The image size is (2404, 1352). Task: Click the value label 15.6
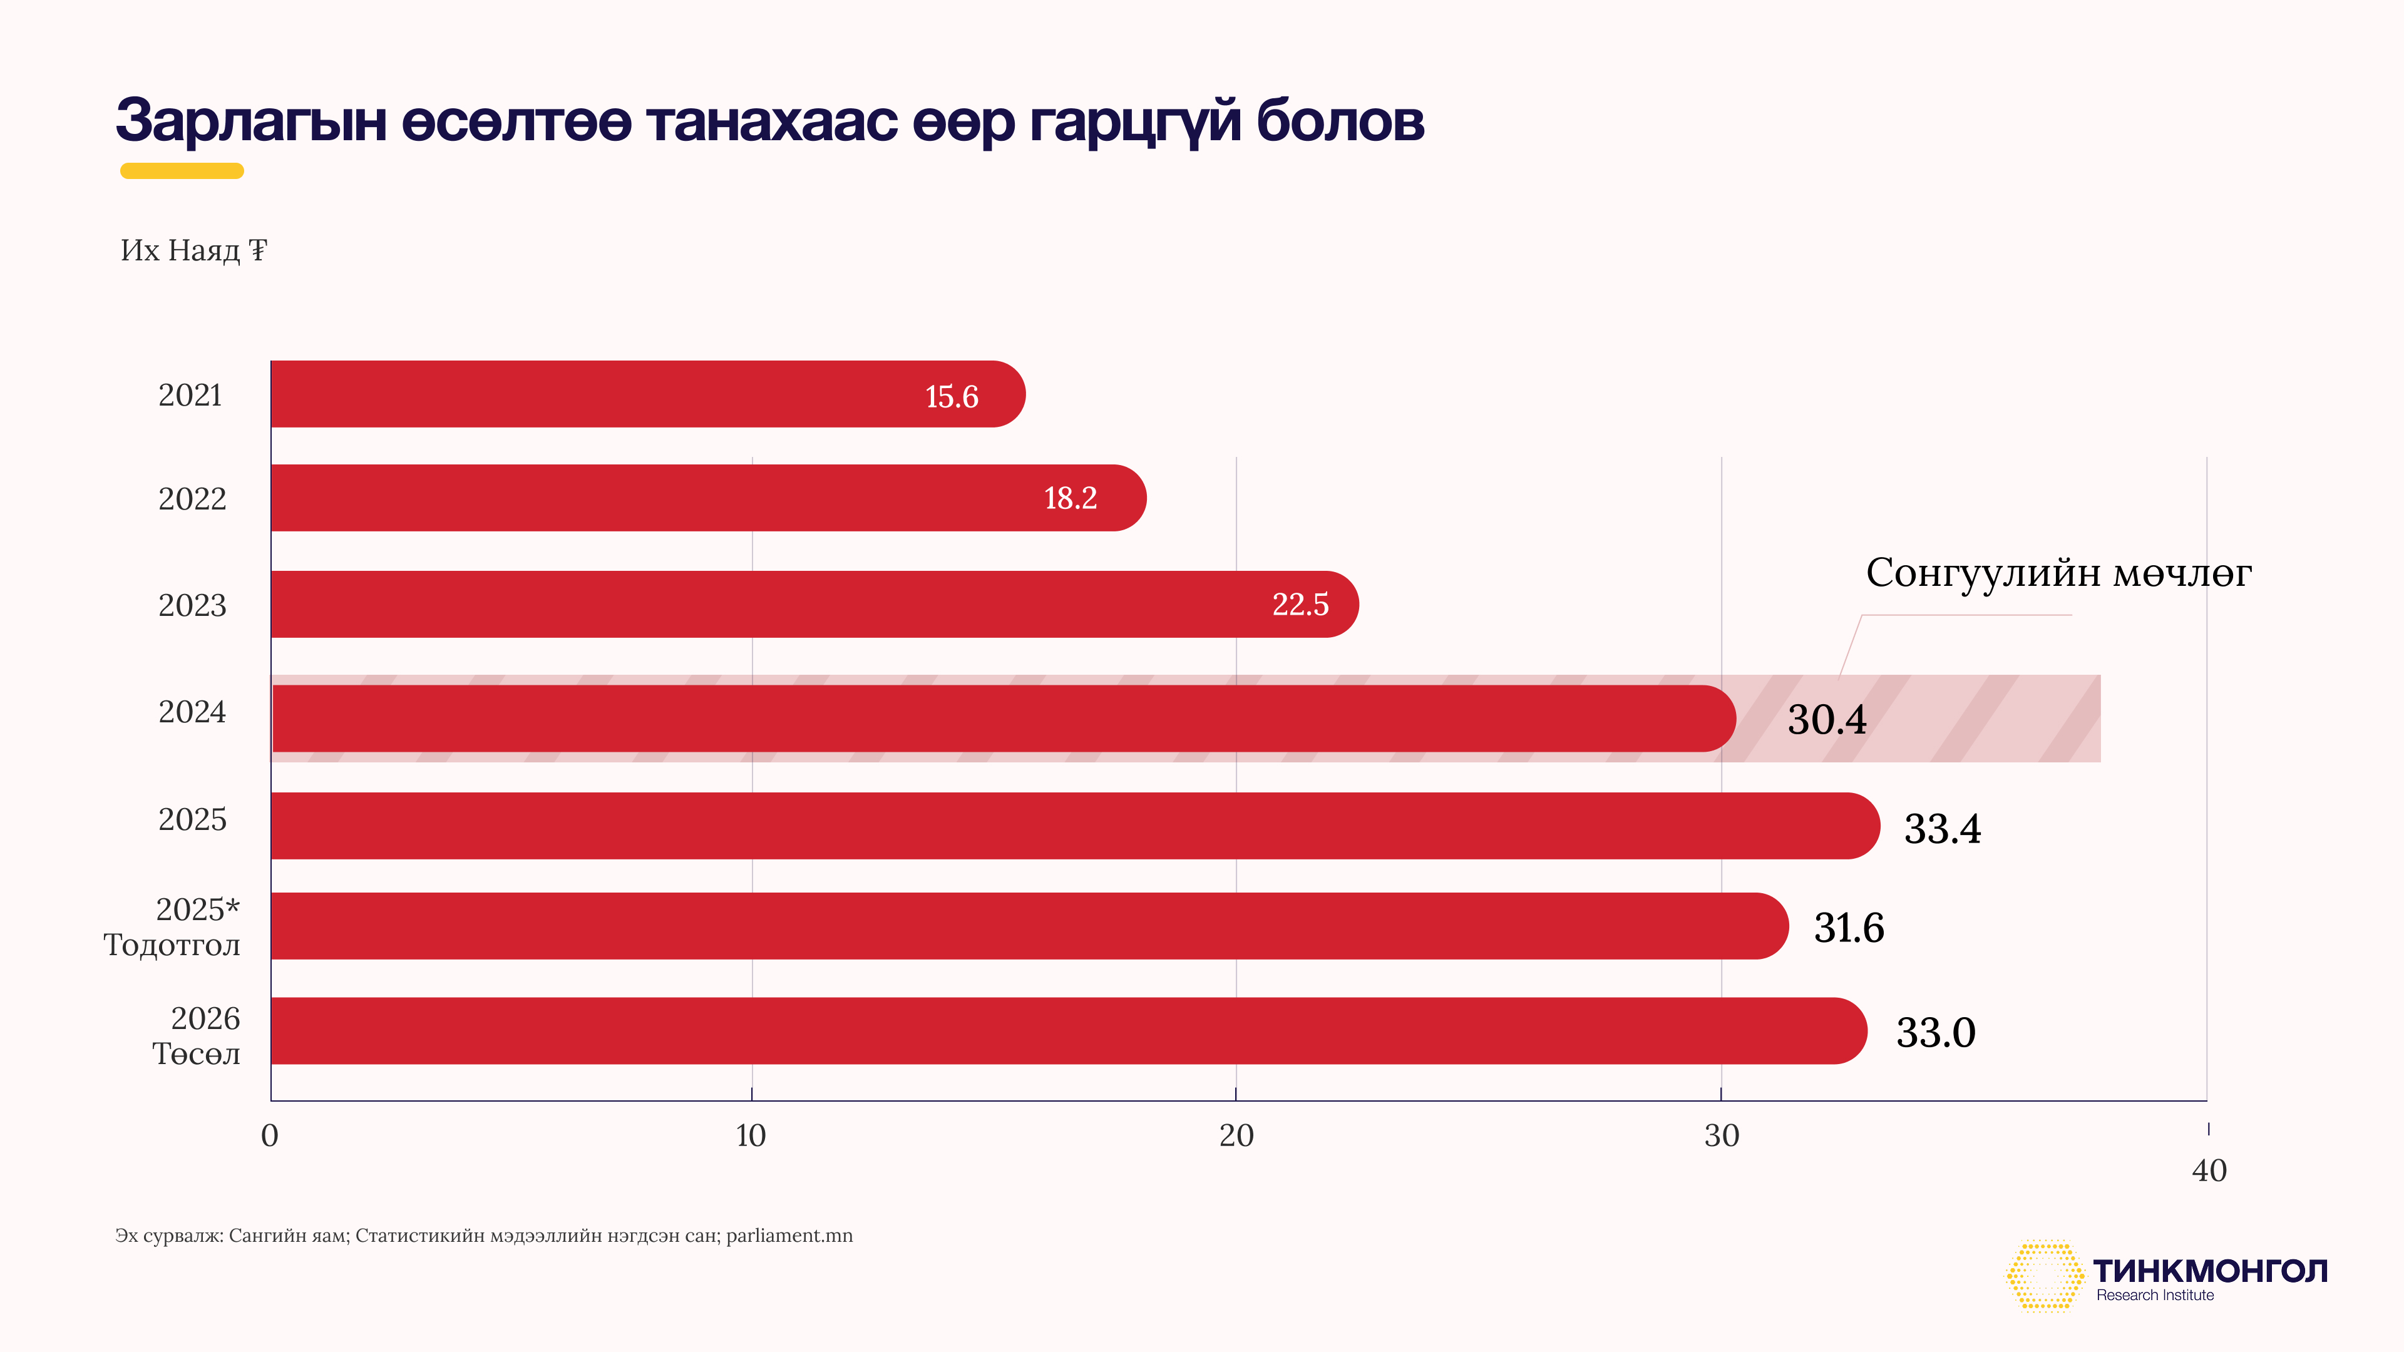pos(951,397)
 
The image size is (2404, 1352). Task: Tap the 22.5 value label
pos(1300,605)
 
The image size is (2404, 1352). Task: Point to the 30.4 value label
pos(1826,719)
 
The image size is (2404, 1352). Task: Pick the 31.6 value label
pos(1849,928)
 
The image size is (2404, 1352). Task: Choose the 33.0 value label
pos(1936,1033)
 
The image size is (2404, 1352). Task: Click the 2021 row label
pos(190,396)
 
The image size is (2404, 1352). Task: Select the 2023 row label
pos(192,605)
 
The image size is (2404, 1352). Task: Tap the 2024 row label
pos(192,712)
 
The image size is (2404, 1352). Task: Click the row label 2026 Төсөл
pos(197,1036)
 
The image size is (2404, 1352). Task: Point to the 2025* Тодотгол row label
pos(173,926)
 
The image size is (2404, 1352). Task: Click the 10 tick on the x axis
pos(751,1135)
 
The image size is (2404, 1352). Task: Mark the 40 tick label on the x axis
pos(2209,1170)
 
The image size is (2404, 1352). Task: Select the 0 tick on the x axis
pos(270,1135)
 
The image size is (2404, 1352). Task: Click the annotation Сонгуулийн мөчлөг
pos(2058,573)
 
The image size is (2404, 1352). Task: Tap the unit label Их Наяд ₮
pos(194,250)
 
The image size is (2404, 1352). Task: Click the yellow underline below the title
pos(182,171)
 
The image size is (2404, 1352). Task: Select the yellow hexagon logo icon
pos(2044,1276)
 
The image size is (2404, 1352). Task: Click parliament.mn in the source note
pos(789,1236)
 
